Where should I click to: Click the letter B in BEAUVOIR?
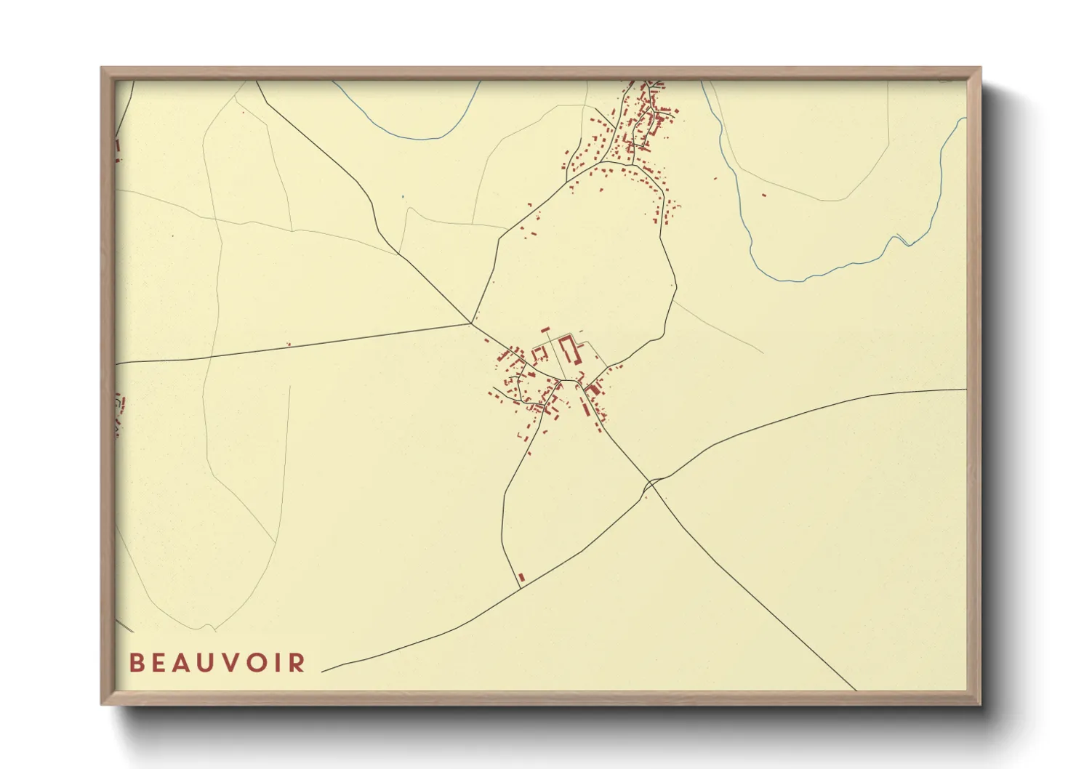(x=135, y=663)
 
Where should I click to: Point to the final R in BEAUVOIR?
(x=297, y=663)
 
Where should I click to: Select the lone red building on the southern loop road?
(x=521, y=578)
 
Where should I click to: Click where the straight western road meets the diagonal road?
(x=471, y=323)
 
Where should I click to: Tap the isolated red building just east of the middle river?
(x=764, y=195)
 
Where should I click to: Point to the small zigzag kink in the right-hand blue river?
(x=902, y=238)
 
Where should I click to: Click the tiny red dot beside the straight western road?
(x=289, y=345)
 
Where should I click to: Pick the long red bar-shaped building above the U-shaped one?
(x=545, y=330)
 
